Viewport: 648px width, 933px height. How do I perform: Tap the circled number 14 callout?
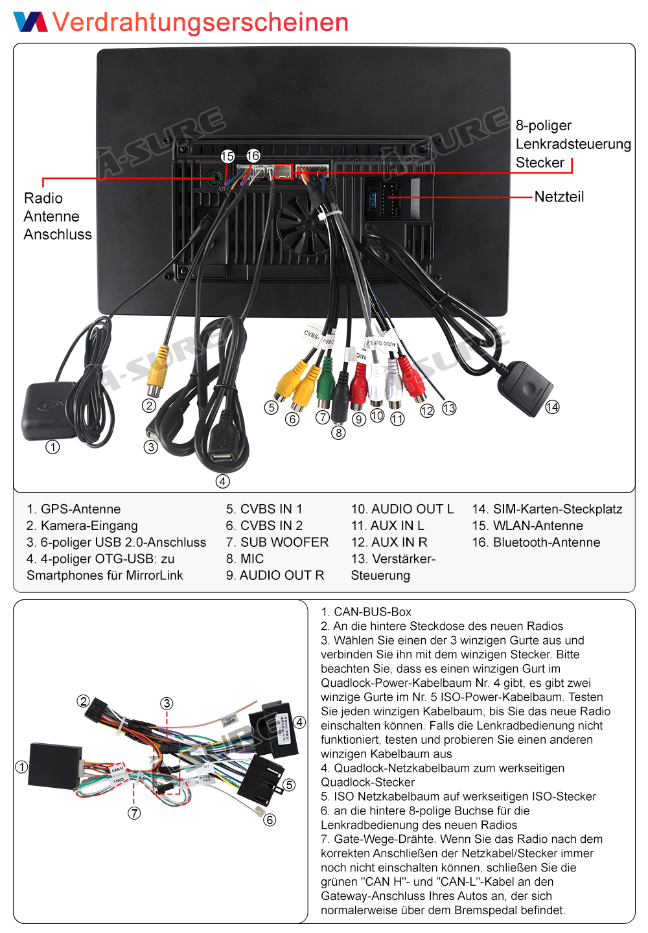(x=552, y=407)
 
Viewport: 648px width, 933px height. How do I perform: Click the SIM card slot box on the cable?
(x=526, y=387)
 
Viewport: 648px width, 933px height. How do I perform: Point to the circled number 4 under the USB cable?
(x=223, y=481)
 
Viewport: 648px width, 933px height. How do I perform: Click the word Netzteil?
(x=559, y=196)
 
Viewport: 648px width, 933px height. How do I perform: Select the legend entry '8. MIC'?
(x=245, y=559)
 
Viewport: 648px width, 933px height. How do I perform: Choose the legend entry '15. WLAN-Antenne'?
(x=527, y=525)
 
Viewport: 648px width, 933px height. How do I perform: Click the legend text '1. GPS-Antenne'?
(x=74, y=509)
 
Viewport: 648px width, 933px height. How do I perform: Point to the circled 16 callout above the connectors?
(x=253, y=155)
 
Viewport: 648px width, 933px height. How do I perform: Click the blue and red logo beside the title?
(x=30, y=21)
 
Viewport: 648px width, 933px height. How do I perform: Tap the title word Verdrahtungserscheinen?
(x=200, y=22)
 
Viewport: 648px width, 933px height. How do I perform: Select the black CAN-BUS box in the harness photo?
(x=55, y=766)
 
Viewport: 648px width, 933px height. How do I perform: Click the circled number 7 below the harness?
(x=134, y=813)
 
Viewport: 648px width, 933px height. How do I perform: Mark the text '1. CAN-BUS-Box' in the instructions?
(x=366, y=612)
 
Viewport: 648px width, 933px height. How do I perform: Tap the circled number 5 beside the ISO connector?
(x=289, y=785)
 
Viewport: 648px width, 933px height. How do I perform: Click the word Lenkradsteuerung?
(x=573, y=144)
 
